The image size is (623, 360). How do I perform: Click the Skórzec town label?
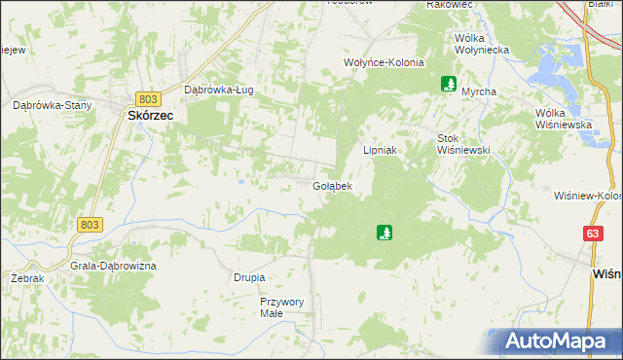[150, 114]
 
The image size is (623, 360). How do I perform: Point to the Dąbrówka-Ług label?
[219, 90]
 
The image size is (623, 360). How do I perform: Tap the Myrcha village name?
[479, 91]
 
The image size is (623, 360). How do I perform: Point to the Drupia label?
[249, 277]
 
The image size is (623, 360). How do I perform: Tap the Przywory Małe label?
[281, 307]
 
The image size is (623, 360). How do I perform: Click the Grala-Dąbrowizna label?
[113, 265]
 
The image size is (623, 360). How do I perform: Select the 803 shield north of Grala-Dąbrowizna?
[89, 224]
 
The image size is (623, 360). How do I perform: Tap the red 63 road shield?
[593, 234]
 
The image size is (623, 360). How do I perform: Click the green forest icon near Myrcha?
[449, 84]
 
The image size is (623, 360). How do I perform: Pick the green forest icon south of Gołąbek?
[385, 233]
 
